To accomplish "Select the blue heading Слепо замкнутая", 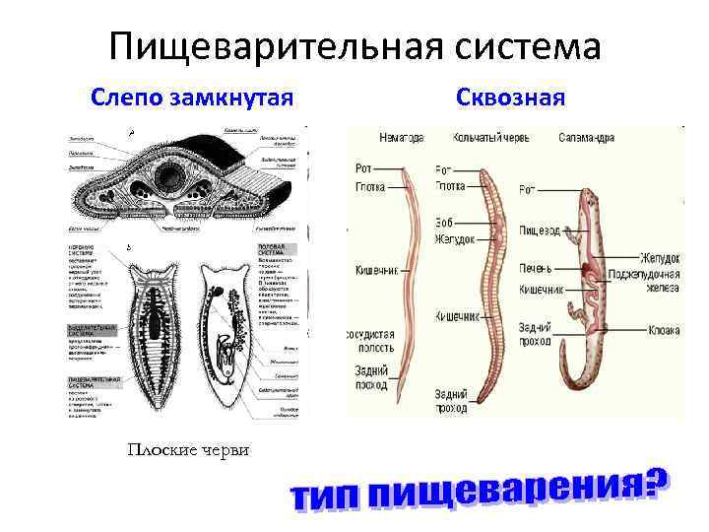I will [192, 98].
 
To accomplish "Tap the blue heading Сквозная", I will [510, 98].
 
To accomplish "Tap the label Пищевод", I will [540, 231].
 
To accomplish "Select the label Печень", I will [537, 268].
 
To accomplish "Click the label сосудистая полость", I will [370, 341].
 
